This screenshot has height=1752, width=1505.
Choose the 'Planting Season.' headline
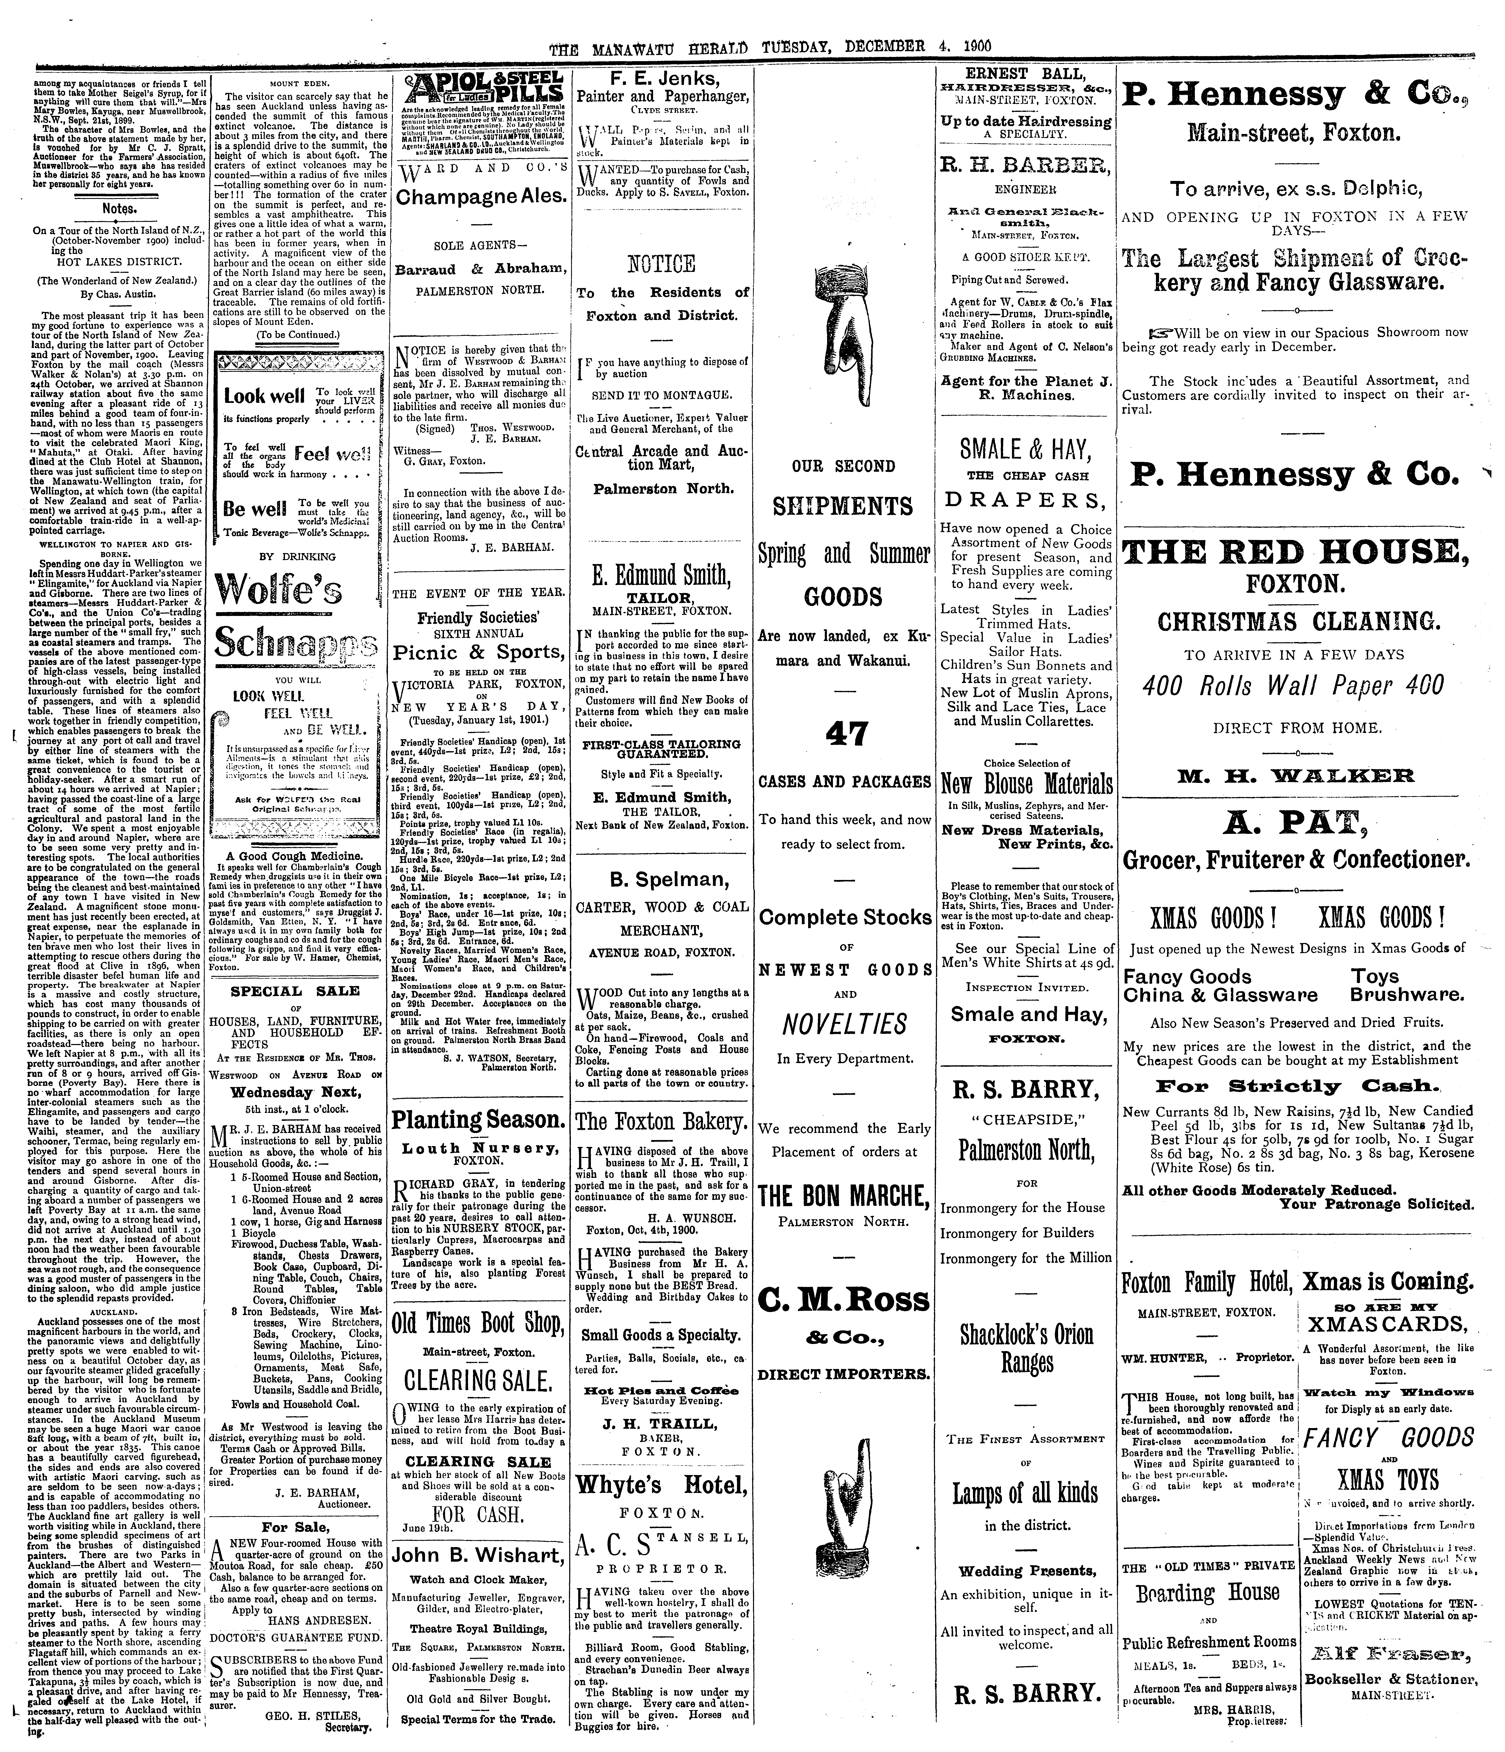(478, 1120)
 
